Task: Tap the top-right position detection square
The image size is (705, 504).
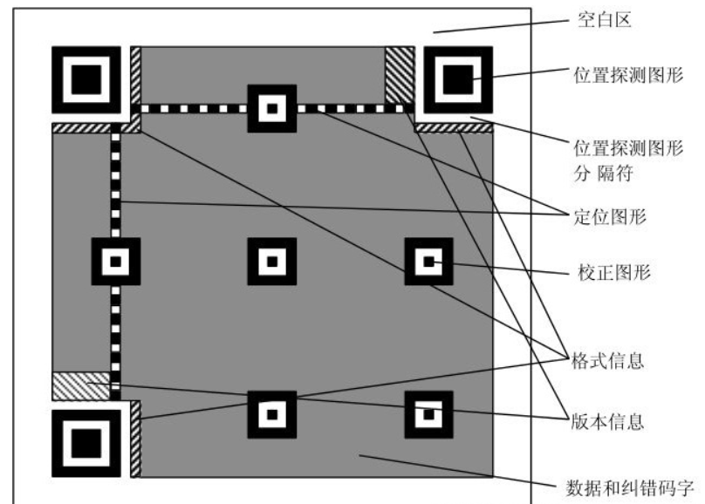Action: point(456,80)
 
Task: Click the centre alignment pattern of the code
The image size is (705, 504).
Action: point(272,260)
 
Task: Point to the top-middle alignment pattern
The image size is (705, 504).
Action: point(272,108)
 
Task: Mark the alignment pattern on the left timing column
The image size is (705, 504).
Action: point(116,260)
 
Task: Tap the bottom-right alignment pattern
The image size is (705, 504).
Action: point(428,413)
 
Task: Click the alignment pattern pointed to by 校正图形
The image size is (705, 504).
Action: point(428,260)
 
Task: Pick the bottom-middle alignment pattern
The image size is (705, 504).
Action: point(272,413)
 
